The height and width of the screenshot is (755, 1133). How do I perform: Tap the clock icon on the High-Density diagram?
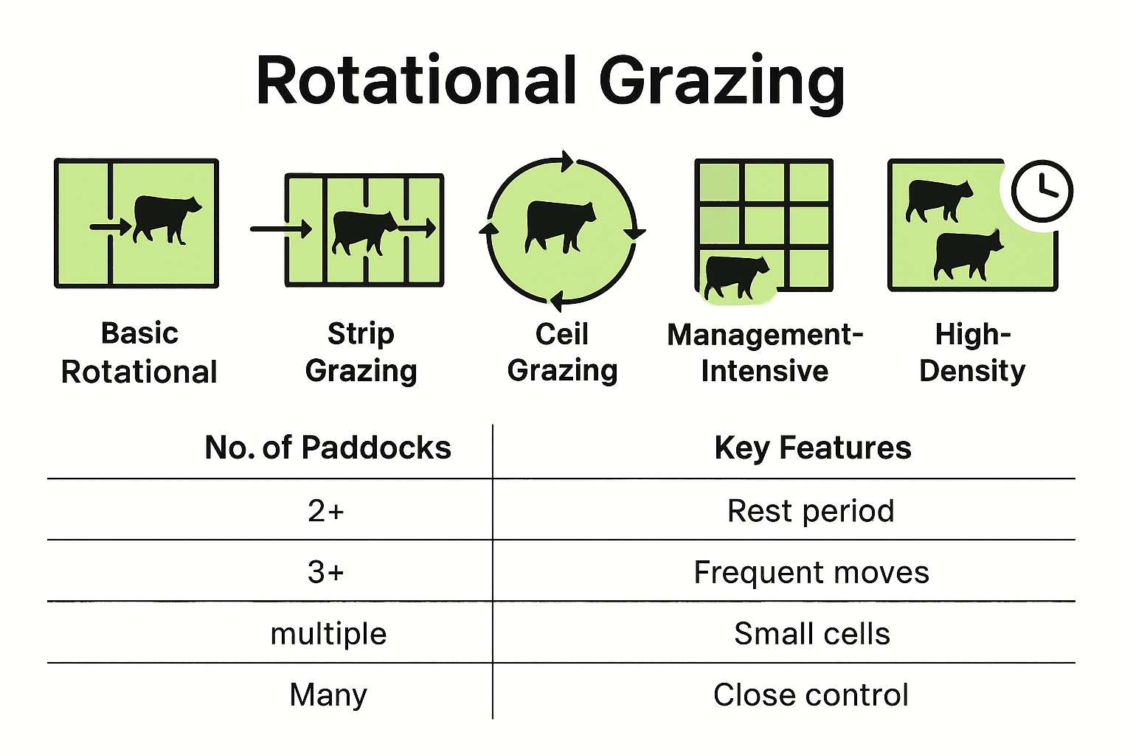point(1042,190)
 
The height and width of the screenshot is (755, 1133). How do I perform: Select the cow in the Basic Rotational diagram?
point(167,218)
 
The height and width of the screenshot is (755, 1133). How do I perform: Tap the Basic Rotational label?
point(139,352)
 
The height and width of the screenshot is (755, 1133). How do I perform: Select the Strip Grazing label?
point(361,352)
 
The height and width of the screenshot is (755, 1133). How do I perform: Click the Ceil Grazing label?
point(562,352)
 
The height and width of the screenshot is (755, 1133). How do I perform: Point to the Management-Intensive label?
point(765,352)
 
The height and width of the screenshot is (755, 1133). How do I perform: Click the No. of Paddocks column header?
point(328,448)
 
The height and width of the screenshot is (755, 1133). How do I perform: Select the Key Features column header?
point(813,448)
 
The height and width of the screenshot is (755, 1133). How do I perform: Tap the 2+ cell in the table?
point(326,510)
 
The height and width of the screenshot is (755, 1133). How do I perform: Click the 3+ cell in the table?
point(326,571)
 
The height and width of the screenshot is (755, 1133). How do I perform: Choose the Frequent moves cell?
point(811,572)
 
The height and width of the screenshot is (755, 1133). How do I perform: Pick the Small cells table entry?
point(812,633)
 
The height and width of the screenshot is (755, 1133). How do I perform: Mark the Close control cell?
point(811,695)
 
